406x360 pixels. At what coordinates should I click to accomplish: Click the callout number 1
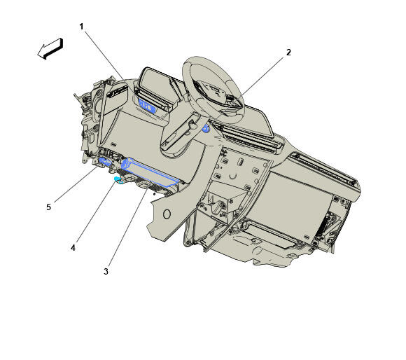coord(81,27)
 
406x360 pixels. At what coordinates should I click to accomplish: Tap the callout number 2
coord(288,53)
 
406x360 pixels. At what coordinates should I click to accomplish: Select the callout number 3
coord(106,272)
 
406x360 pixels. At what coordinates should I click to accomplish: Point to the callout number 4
coord(73,248)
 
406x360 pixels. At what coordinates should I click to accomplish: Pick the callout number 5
coord(49,207)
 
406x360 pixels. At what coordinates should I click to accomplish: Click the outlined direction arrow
coord(50,49)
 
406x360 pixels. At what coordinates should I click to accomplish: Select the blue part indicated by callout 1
coord(147,106)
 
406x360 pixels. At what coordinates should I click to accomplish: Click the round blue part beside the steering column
coord(206,128)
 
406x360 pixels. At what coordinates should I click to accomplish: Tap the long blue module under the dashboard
coord(150,172)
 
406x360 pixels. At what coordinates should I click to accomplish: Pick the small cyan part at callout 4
coord(118,179)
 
